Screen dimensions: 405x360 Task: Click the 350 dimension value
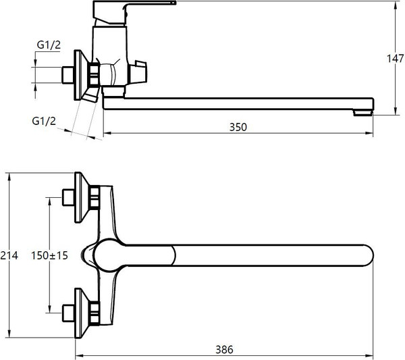point(238,127)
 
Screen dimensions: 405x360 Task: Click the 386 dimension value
point(224,350)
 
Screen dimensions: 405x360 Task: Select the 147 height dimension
point(395,58)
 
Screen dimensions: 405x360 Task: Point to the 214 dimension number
point(9,255)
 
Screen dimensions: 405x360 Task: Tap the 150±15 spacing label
point(49,255)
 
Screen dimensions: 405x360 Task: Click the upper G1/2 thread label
point(49,45)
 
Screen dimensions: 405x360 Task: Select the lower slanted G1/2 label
point(44,121)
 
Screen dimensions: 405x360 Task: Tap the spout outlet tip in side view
point(363,113)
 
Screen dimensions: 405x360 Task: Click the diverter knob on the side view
point(138,72)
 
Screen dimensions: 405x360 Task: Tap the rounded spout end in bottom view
point(367,255)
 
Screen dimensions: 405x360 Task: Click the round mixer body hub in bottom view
point(109,255)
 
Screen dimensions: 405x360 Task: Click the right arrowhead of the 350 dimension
point(370,133)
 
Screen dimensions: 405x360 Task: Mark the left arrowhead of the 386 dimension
point(79,356)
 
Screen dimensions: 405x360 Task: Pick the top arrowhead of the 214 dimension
point(9,176)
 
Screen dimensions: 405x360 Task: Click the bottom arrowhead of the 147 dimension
point(396,111)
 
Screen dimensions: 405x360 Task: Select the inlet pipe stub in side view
point(68,75)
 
